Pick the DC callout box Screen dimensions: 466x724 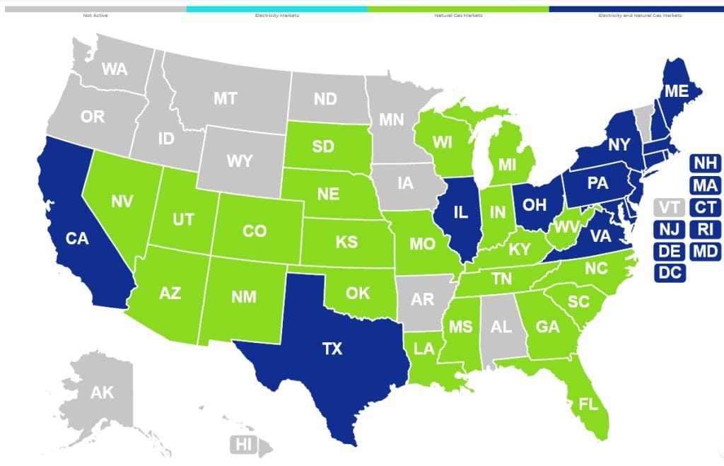[x=670, y=272]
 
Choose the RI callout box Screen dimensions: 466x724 [x=705, y=229]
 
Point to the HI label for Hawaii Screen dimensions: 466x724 [x=243, y=445]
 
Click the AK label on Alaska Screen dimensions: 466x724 [x=102, y=392]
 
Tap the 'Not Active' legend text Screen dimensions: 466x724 [x=93, y=15]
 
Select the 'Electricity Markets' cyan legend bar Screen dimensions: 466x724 [x=276, y=8]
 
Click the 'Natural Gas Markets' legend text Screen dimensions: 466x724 [x=457, y=15]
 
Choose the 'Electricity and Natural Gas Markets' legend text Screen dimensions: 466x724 [x=638, y=15]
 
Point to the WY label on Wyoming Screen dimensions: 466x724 [x=240, y=161]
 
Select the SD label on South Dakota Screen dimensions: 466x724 [x=323, y=146]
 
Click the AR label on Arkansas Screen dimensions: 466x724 [x=423, y=299]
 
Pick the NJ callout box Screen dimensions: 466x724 [x=670, y=229]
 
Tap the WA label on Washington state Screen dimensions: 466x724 [x=115, y=69]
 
